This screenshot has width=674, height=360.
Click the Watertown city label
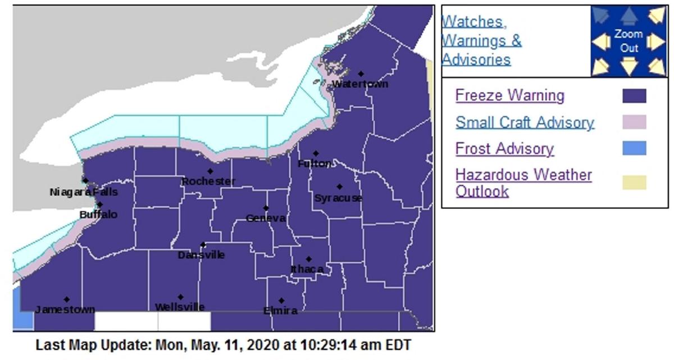coord(360,84)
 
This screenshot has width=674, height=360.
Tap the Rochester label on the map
coord(208,181)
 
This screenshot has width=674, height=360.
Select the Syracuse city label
coord(338,198)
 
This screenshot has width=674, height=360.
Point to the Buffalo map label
coord(98,215)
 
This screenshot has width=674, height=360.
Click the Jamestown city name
coord(65,309)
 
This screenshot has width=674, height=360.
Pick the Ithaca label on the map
coord(307,269)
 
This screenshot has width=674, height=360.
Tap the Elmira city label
coord(280,311)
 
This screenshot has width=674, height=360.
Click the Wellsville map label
coord(180,307)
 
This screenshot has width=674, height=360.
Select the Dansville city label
coord(201,255)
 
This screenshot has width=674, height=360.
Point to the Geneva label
coord(266,218)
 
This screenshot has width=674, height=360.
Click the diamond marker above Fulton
coord(316,153)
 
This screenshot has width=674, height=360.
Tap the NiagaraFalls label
coord(84,192)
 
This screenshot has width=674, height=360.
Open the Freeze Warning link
coord(509,95)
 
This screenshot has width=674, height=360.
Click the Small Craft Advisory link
coord(525,122)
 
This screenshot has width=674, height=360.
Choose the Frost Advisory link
coord(504,149)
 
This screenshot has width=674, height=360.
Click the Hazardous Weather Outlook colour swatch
coord(634,183)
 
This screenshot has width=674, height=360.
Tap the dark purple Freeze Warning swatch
coord(634,96)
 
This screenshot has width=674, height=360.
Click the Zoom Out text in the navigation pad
coord(629,41)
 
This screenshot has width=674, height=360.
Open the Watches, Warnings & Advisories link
coord(481,40)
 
